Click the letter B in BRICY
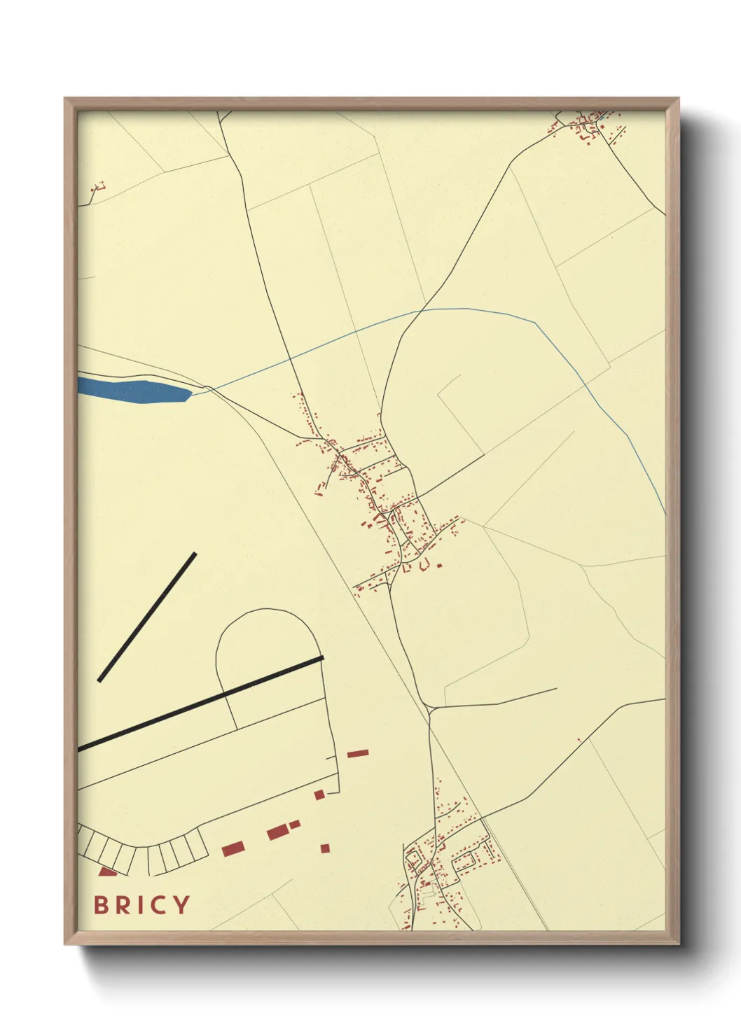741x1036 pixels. [x=101, y=905]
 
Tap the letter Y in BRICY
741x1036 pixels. [x=181, y=905]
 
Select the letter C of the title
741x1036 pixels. [x=156, y=905]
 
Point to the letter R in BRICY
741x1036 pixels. [x=120, y=905]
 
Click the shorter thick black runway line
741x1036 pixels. [x=147, y=617]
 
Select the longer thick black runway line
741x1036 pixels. [x=203, y=703]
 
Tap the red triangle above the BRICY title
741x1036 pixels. [x=107, y=871]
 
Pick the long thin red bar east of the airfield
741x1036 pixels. [x=358, y=753]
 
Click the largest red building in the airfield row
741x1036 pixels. [x=278, y=832]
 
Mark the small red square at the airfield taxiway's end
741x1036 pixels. [x=319, y=794]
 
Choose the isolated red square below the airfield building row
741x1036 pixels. [x=325, y=848]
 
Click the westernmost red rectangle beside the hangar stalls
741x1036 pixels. [x=233, y=848]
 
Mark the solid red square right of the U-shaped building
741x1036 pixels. [x=439, y=563]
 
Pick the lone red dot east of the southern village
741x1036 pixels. [x=579, y=739]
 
